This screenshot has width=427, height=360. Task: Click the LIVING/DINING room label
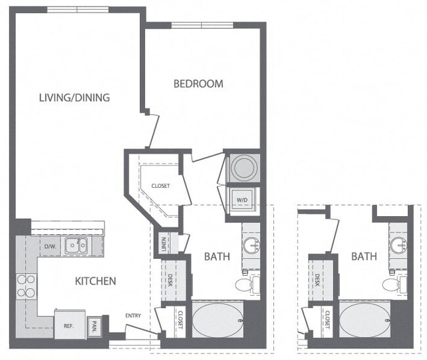coord(74,98)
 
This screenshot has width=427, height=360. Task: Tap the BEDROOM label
coord(198,83)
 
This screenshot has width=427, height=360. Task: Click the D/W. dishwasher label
coord(50,246)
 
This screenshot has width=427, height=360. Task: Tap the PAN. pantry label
coord(95,325)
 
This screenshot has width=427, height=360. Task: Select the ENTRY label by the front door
coord(134,316)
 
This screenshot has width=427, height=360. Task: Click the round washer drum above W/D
coord(242,168)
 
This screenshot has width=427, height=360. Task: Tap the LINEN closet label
coord(163,242)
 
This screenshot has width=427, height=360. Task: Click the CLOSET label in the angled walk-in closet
coord(160,186)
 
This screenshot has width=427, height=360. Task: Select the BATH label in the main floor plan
coord(217,256)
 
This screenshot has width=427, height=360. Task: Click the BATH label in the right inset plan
coord(363,256)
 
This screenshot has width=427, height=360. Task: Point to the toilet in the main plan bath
coord(245,284)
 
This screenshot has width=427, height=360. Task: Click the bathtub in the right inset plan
coord(364,319)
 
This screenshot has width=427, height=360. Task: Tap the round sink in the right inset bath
coord(398,246)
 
